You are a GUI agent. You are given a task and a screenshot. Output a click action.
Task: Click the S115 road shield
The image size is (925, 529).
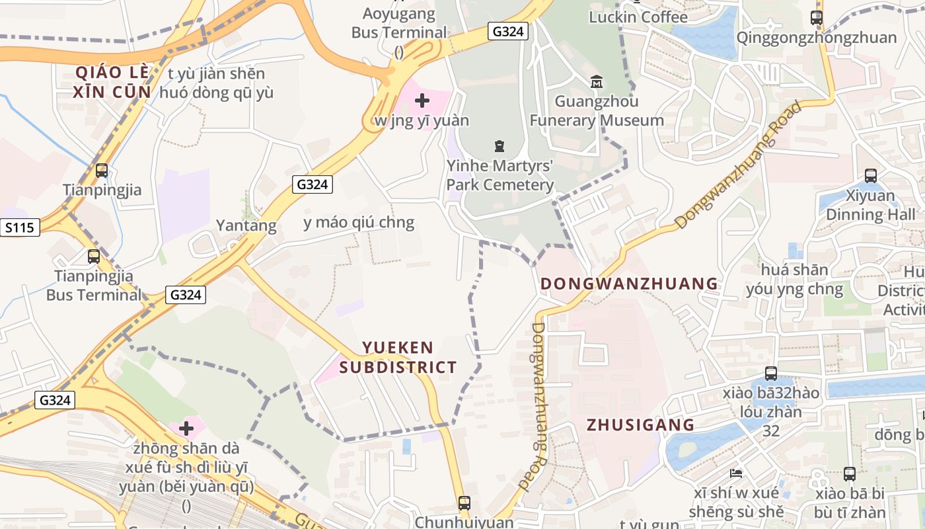click(x=19, y=228)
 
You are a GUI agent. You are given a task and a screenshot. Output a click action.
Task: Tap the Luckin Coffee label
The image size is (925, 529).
click(x=638, y=17)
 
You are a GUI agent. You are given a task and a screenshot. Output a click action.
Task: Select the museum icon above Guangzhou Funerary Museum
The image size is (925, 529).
click(x=597, y=82)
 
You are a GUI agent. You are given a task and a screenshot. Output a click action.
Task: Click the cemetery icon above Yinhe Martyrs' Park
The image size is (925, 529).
click(x=499, y=145)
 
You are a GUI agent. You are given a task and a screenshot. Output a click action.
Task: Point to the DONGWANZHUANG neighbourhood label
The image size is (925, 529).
click(x=629, y=284)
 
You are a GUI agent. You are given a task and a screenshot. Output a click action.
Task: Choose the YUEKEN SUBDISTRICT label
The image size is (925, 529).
click(x=398, y=357)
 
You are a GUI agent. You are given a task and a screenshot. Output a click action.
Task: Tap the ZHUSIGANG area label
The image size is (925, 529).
click(x=640, y=425)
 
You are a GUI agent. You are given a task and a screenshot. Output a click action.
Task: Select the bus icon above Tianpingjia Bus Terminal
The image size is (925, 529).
click(x=94, y=256)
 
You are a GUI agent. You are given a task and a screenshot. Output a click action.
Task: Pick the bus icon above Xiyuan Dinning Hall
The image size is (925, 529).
click(x=871, y=175)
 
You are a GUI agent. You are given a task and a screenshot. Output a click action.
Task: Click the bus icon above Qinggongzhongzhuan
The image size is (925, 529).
click(x=817, y=18)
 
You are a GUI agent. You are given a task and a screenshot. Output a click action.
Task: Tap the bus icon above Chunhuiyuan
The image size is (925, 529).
click(x=464, y=503)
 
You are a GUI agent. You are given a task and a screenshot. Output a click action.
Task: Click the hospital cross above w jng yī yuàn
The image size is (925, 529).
click(x=422, y=101)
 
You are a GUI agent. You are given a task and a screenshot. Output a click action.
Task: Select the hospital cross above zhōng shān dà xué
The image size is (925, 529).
click(x=186, y=428)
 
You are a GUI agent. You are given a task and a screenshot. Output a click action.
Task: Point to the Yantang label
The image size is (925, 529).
click(x=246, y=225)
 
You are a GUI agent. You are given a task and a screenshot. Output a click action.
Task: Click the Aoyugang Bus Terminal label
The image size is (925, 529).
click(x=399, y=23)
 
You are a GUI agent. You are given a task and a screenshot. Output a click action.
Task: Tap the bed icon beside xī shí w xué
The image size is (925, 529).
click(x=736, y=473)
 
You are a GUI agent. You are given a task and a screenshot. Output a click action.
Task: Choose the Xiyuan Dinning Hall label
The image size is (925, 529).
click(x=871, y=205)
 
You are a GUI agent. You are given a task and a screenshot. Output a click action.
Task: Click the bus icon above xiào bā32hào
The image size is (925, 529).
click(x=770, y=373)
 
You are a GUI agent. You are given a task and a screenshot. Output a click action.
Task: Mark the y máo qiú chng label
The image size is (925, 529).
click(x=359, y=222)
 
